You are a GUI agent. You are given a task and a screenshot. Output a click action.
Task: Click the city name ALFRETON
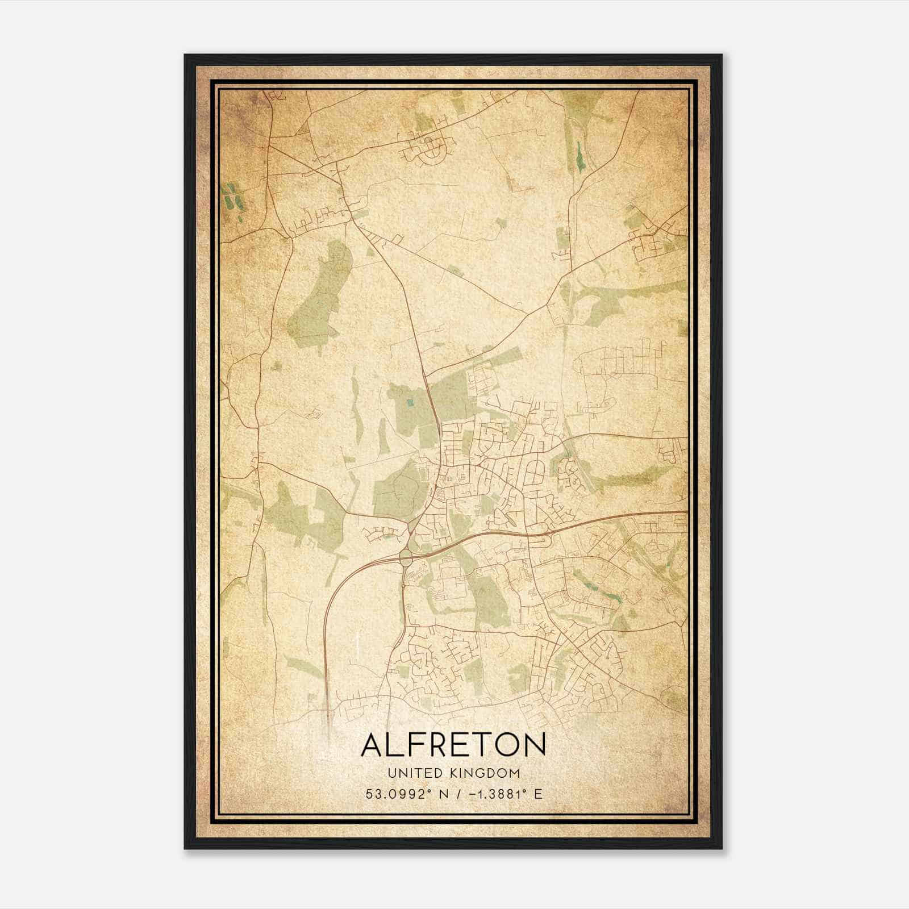(x=453, y=745)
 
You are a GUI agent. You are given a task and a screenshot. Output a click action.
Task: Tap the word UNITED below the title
(x=406, y=773)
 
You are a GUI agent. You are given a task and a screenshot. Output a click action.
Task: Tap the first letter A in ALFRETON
(x=374, y=745)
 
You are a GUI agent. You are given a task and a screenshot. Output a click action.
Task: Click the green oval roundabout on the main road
(x=405, y=556)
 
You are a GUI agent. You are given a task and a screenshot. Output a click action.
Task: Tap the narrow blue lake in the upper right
(x=579, y=155)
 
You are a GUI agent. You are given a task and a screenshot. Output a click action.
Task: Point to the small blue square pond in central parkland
(x=411, y=404)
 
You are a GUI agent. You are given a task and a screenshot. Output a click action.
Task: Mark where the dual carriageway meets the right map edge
(x=686, y=512)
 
